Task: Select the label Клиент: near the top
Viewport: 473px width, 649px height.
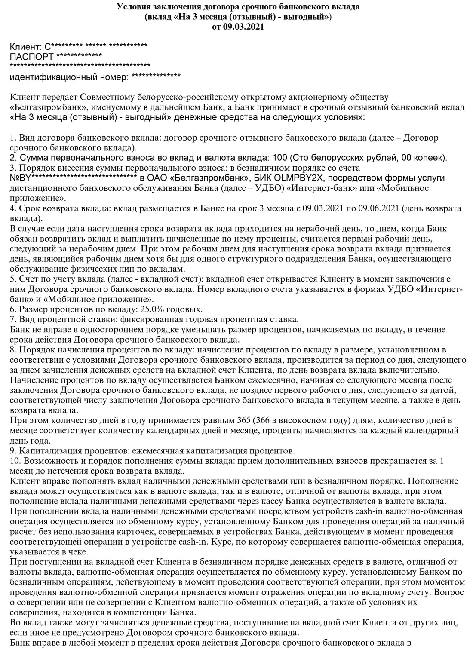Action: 25,46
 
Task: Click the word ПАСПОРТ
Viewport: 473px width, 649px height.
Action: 31,57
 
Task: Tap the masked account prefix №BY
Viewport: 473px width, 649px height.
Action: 20,178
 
